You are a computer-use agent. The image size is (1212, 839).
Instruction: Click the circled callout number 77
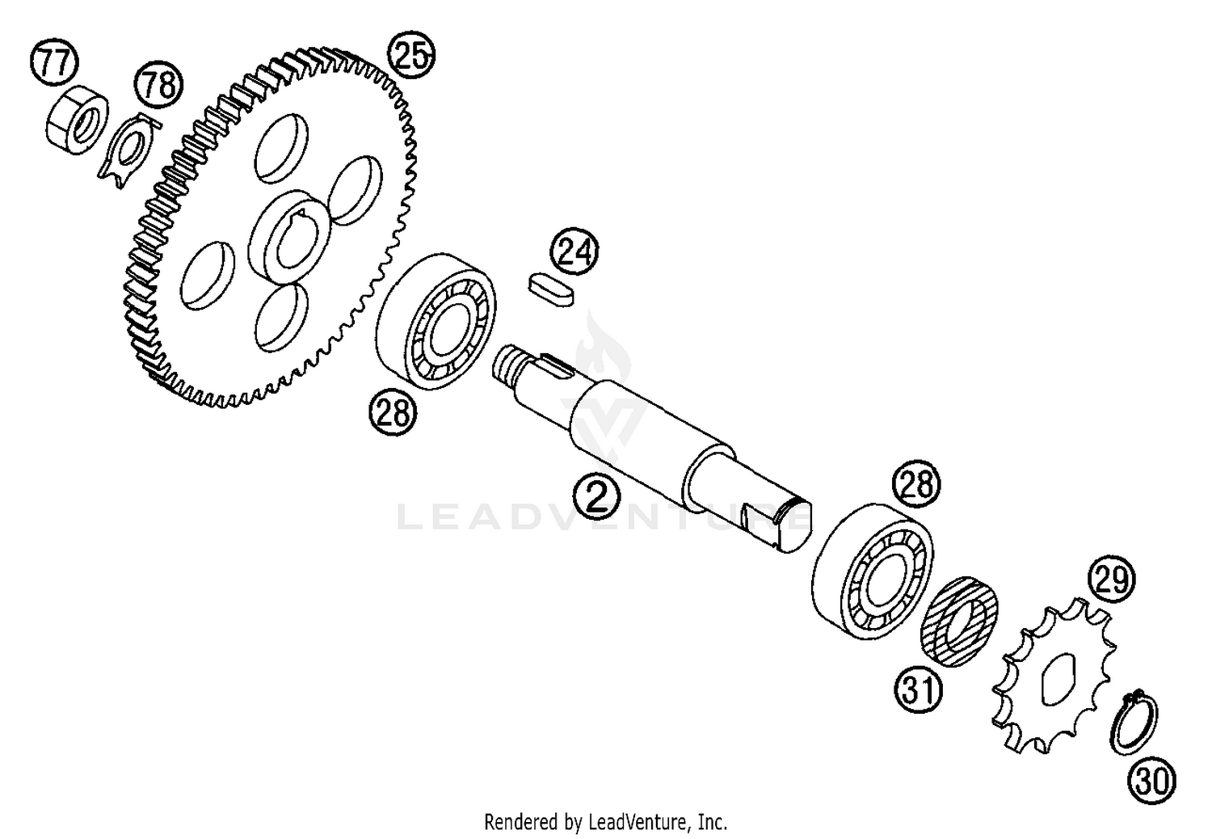point(54,61)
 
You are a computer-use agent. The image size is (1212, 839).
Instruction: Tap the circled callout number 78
point(159,86)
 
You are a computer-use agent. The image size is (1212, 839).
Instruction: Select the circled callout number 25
point(412,54)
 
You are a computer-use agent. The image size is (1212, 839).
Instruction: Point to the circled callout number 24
point(574,251)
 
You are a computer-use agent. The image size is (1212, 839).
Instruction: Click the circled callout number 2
point(597,495)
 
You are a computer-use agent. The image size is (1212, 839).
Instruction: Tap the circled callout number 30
point(1152,781)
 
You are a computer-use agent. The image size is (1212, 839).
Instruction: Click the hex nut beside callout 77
point(76,119)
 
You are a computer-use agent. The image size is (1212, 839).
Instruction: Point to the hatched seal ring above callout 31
point(960,622)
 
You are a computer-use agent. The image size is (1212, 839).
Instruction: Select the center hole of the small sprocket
point(1057,680)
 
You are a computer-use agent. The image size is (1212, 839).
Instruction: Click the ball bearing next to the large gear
point(436,322)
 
